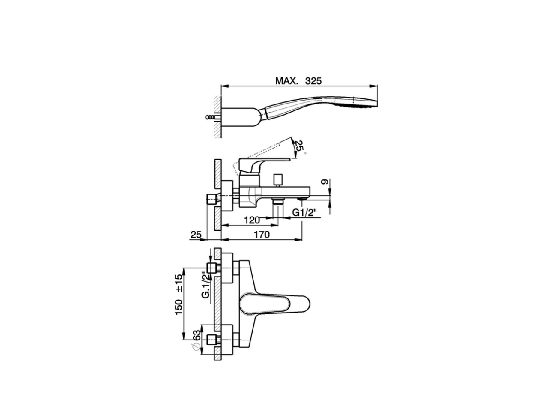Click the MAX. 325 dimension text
click(298, 80)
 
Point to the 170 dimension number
click(261, 234)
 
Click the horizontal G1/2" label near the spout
click(307, 213)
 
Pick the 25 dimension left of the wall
click(196, 234)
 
